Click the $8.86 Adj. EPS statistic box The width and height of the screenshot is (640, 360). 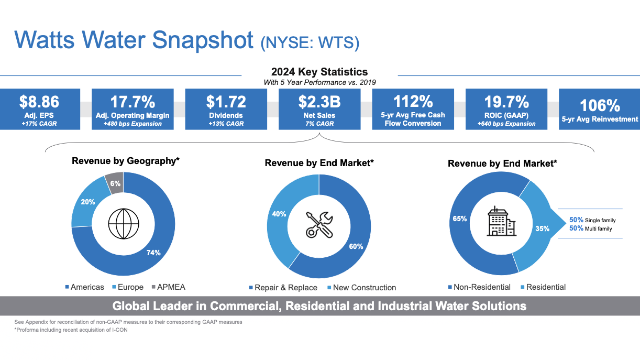coord(39,109)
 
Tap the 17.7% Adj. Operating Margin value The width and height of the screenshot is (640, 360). coord(133,102)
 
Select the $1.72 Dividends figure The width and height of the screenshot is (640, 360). coord(226,102)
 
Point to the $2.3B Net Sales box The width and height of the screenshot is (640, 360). coord(319,109)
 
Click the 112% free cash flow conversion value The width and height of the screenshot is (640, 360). coord(413,101)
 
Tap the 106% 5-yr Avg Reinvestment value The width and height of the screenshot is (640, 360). coord(599,105)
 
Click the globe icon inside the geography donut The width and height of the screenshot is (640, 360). coord(123,224)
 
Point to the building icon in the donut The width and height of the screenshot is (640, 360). coord(501,222)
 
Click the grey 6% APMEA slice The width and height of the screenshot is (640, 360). coord(115,183)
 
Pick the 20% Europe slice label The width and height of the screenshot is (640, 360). coord(88,202)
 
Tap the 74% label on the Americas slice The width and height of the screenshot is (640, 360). coord(153,253)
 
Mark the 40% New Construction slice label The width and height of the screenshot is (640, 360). coord(279,214)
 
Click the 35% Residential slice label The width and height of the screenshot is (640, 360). coord(542,228)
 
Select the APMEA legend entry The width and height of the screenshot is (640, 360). coord(168,287)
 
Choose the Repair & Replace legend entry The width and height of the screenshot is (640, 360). coord(285,288)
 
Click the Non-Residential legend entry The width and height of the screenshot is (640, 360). coord(482,287)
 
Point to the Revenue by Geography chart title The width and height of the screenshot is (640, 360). coord(126,161)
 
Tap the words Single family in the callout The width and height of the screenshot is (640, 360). coord(600,221)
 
